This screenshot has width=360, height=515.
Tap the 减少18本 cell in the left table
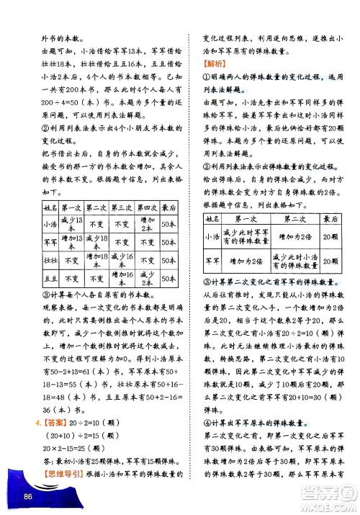point(96,242)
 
